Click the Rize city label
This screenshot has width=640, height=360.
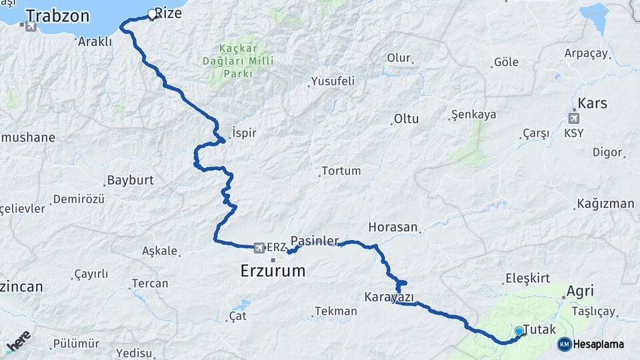[168, 13]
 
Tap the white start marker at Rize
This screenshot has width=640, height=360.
[152, 14]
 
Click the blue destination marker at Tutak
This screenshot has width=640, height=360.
[519, 331]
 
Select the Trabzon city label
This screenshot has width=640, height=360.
[58, 15]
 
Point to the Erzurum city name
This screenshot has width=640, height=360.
[273, 271]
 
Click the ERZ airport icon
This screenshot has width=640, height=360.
[259, 247]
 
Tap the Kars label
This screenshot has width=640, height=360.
[592, 103]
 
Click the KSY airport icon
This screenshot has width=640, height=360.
[573, 118]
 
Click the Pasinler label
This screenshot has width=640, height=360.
[315, 240]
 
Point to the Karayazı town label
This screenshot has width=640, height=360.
[389, 297]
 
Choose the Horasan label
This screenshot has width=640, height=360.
[393, 227]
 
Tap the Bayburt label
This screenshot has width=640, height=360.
[130, 181]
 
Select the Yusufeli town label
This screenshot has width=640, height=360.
[333, 81]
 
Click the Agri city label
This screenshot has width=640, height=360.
[579, 291]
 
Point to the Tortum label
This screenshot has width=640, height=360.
[341, 171]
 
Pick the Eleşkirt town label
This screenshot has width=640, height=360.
[527, 278]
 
